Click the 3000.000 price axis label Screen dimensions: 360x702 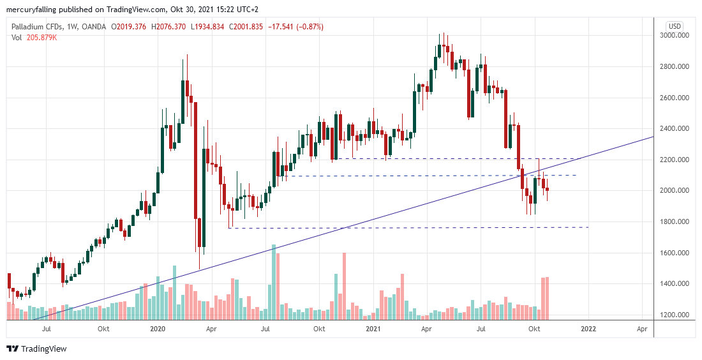point(678,36)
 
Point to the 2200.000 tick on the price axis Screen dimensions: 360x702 point(678,160)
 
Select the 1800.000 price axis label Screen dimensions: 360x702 point(678,221)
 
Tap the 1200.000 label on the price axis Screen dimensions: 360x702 point(678,315)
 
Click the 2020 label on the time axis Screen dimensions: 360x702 point(157,329)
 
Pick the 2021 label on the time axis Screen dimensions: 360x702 point(373,329)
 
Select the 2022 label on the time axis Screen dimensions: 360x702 point(588,329)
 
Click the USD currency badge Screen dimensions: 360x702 point(675,26)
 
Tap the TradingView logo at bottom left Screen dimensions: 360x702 point(36,349)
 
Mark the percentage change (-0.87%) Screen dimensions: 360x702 point(308,27)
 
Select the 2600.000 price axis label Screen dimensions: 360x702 point(678,98)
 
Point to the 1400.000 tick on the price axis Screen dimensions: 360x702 point(678,283)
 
